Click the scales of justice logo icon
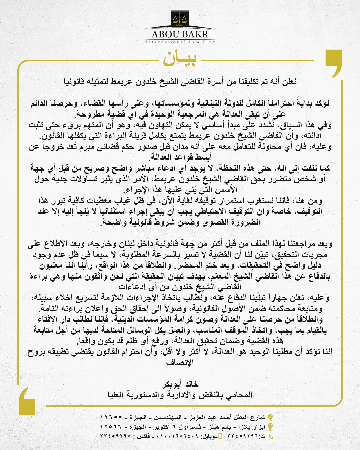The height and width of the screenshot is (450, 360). coord(180,19)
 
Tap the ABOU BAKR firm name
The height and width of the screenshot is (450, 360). coord(180,34)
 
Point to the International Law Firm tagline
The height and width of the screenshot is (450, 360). coord(180,42)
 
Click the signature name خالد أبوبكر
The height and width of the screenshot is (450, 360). coord(180,384)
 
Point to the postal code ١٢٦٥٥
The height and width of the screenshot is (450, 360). coord(111,417)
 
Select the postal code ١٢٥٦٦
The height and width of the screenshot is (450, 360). coord(111,427)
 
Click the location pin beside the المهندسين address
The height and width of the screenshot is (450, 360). coord(271,417)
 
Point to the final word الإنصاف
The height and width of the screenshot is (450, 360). coord(180,363)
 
